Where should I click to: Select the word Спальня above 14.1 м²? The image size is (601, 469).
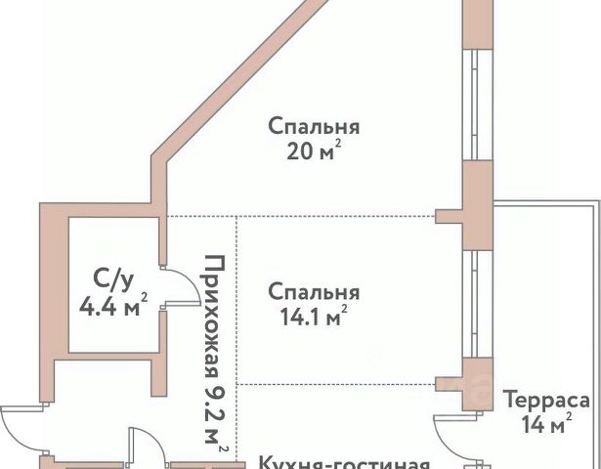314,292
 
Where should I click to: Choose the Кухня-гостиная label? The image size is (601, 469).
344,462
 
